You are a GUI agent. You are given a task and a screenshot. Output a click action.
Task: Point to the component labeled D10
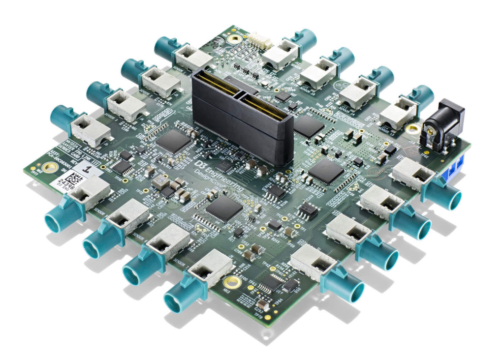[290, 286]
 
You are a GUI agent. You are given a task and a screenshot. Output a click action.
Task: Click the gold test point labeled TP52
[242, 246]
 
